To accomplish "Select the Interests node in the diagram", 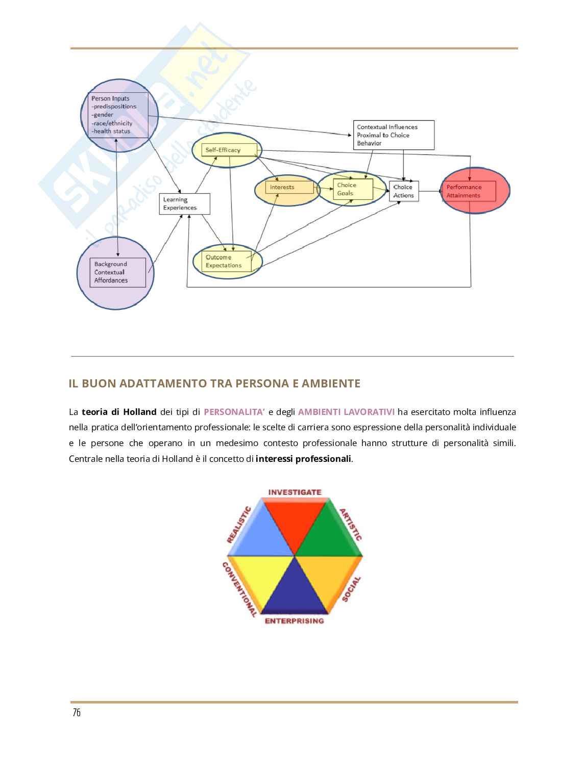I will (284, 188).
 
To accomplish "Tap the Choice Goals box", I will (352, 189).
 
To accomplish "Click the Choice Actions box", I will (403, 191).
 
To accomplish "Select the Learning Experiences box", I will (184, 204).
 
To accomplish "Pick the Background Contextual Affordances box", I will (117, 272).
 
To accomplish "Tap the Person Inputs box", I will (118, 115).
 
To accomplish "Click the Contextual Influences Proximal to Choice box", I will (394, 135).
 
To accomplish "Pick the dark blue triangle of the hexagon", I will (295, 589).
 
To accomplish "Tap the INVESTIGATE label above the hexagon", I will (295, 492).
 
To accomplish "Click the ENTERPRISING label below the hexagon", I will (294, 621).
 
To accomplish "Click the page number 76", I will (77, 713).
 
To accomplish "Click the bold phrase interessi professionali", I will (304, 459).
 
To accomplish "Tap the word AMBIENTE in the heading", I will (331, 383).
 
